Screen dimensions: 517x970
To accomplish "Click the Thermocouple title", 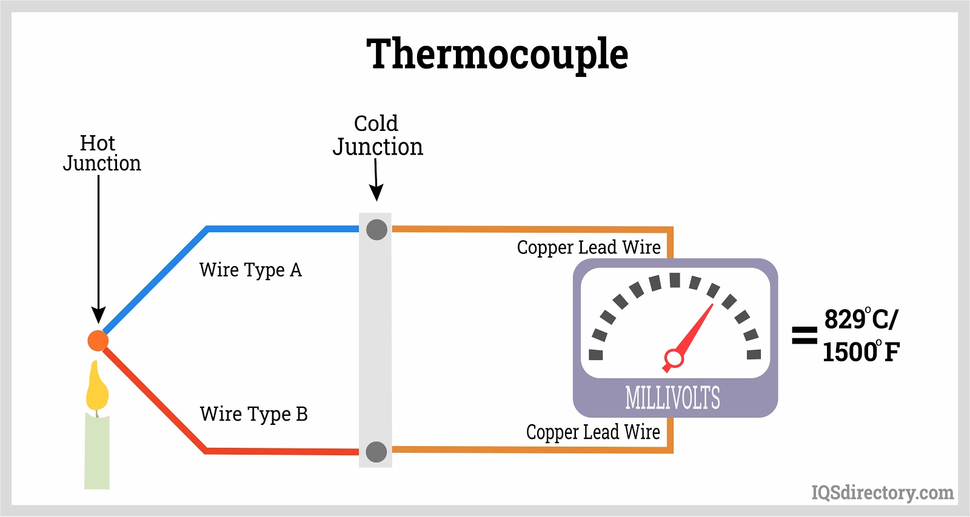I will pyautogui.click(x=497, y=55).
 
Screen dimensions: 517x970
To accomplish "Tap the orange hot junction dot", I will pyautogui.click(x=98, y=341).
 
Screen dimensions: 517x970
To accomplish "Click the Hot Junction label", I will pyautogui.click(x=101, y=153).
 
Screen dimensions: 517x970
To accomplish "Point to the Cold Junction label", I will pyautogui.click(x=377, y=136).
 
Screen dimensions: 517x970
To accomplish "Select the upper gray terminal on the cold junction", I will pyautogui.click(x=376, y=230).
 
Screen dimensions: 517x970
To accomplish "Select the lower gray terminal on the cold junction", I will pyautogui.click(x=376, y=452).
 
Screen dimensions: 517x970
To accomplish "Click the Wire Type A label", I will pyautogui.click(x=250, y=270).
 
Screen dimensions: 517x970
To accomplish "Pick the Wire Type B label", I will pyautogui.click(x=253, y=414).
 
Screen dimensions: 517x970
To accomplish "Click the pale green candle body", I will pyautogui.click(x=97, y=452).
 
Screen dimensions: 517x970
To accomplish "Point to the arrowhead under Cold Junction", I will pyautogui.click(x=376, y=193).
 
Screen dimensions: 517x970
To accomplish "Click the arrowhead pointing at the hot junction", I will pyautogui.click(x=98, y=315).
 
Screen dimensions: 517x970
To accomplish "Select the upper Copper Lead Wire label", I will pyautogui.click(x=589, y=247).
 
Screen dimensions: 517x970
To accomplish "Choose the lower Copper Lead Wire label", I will pyautogui.click(x=593, y=432).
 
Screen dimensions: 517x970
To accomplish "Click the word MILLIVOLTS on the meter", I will pyautogui.click(x=672, y=398).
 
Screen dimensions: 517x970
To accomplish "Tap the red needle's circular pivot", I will pyautogui.click(x=674, y=358).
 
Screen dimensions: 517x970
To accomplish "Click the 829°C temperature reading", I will pyautogui.click(x=861, y=319).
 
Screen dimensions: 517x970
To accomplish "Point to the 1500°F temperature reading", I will pyautogui.click(x=861, y=352).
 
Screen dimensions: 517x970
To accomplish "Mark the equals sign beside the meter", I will pyautogui.click(x=804, y=335).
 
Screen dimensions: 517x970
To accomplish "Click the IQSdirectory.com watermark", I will pyautogui.click(x=882, y=493).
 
